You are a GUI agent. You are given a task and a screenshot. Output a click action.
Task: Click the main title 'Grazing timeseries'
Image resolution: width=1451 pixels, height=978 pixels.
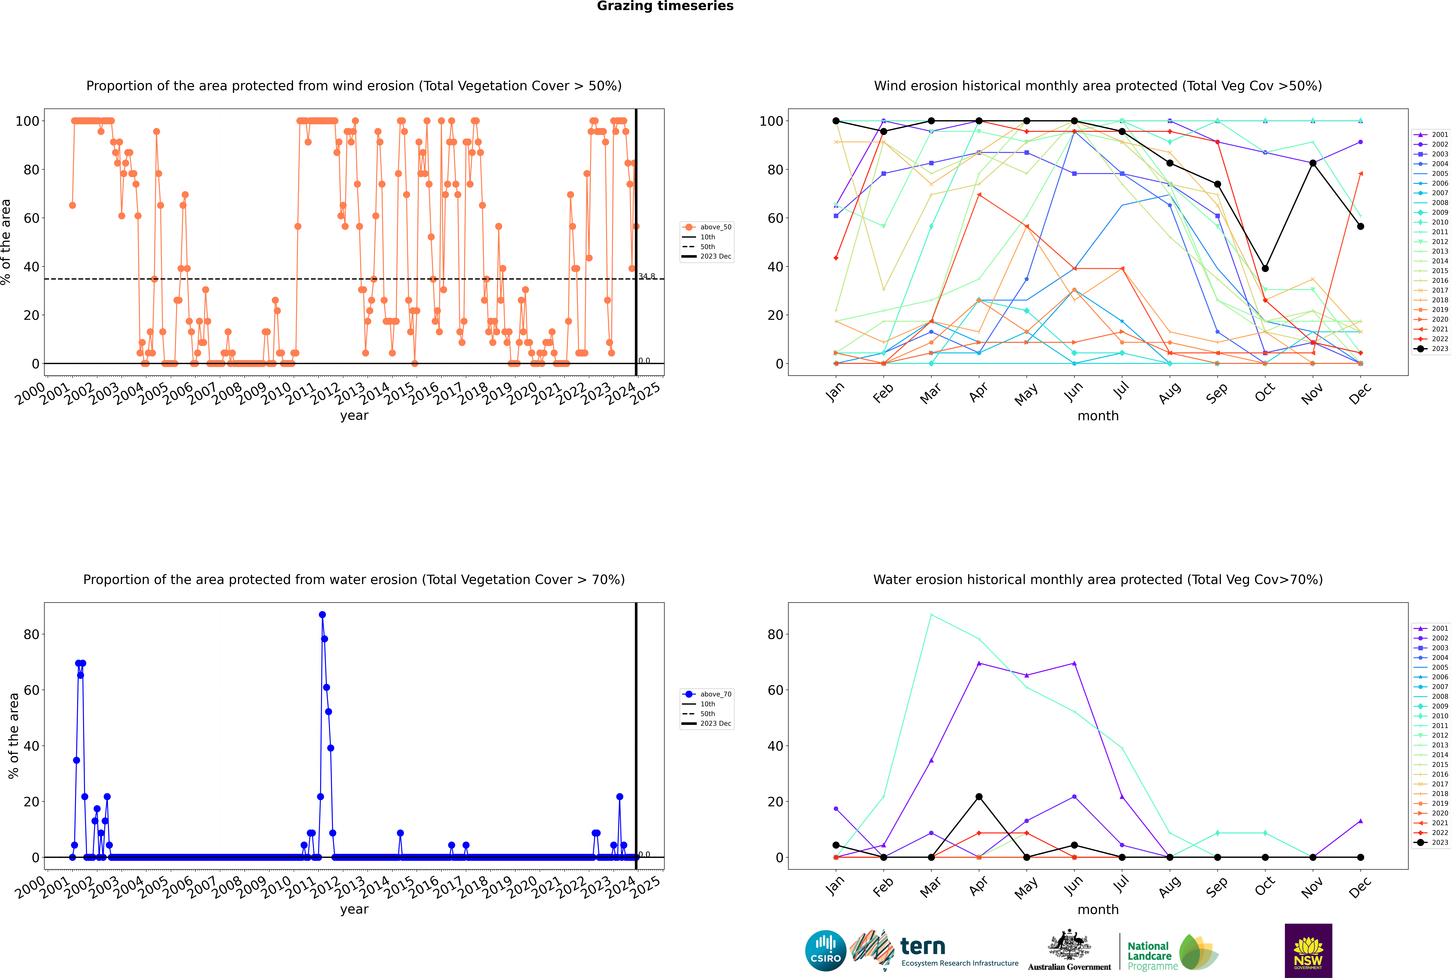coord(665,6)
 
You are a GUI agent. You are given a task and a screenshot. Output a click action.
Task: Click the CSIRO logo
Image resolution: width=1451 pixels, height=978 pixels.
coord(825,951)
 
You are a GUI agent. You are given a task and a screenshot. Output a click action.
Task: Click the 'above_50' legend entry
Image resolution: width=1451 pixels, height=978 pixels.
coord(715,227)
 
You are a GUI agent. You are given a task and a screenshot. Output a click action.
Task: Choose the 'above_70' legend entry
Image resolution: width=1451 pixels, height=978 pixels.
coord(715,694)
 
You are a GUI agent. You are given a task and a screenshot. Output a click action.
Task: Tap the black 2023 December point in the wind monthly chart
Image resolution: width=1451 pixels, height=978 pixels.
coord(1361,226)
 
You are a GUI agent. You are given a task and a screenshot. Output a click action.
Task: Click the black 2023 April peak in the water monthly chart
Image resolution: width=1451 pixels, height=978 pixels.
coord(979,796)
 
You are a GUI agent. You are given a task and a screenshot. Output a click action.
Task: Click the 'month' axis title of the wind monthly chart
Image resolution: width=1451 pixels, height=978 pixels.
coord(1098,416)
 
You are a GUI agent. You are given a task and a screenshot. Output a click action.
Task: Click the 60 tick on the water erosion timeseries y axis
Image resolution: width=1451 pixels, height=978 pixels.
coord(31,690)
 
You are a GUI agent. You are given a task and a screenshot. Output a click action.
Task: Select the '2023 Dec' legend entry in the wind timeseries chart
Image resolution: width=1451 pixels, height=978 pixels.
coord(715,256)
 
